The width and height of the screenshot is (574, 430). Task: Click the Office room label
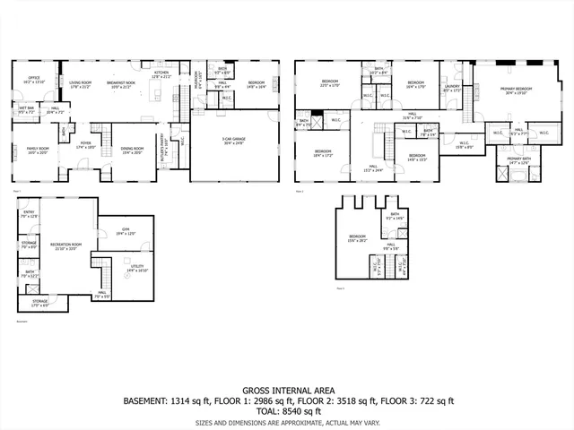pyautogui.click(x=34, y=79)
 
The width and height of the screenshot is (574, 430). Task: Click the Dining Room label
pyautogui.click(x=132, y=150)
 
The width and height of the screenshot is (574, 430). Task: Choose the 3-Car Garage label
pyautogui.click(x=234, y=140)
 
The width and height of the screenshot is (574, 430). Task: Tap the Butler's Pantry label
pyautogui.click(x=163, y=142)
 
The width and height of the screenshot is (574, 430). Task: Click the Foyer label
pyautogui.click(x=86, y=143)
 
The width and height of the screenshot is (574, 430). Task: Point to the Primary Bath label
pyautogui.click(x=513, y=160)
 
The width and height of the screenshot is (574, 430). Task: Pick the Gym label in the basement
pyautogui.click(x=124, y=231)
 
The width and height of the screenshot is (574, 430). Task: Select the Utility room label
pyautogui.click(x=136, y=268)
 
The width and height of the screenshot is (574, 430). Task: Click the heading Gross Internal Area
pyautogui.click(x=286, y=391)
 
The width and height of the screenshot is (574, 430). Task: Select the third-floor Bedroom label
pyautogui.click(x=357, y=238)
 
